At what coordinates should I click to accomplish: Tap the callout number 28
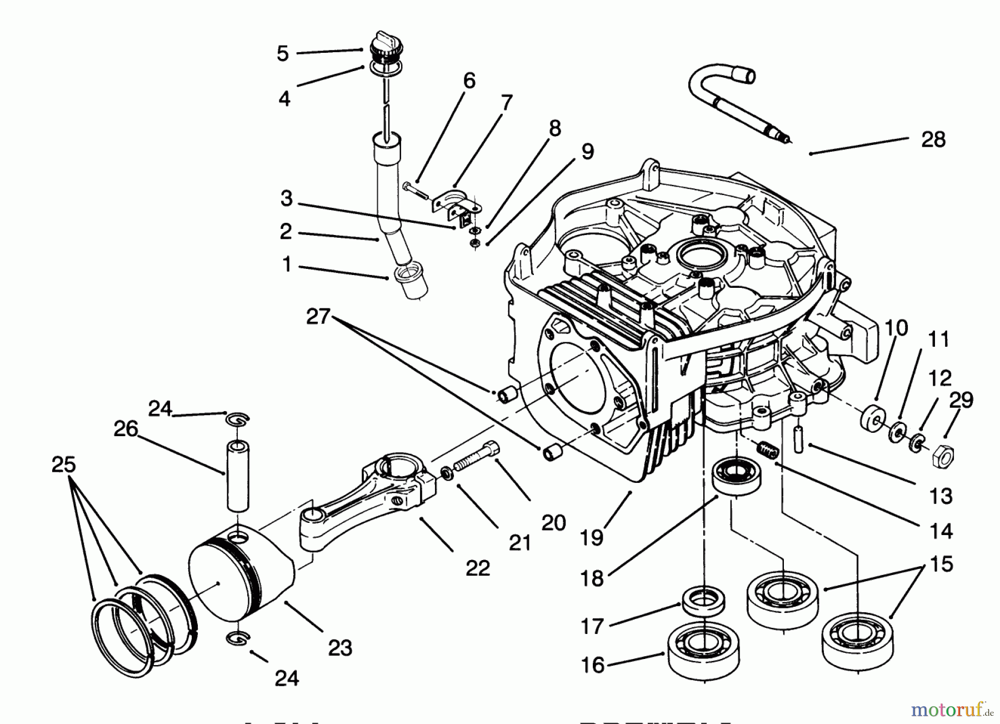[933, 139]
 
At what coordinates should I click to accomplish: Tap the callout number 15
[941, 564]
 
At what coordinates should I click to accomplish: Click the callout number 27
[318, 317]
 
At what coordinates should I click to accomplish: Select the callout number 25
[63, 464]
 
